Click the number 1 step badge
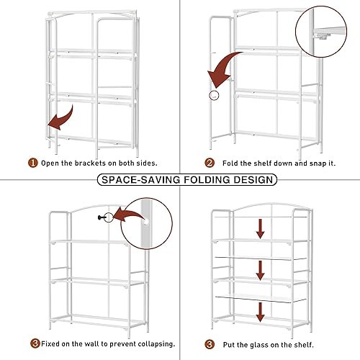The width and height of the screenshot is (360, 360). (32, 163)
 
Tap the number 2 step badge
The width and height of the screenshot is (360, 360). (210, 163)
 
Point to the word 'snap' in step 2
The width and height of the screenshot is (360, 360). (302, 163)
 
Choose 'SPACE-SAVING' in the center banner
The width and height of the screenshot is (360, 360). (140, 179)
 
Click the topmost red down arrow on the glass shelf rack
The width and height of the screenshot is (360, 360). (261, 228)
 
